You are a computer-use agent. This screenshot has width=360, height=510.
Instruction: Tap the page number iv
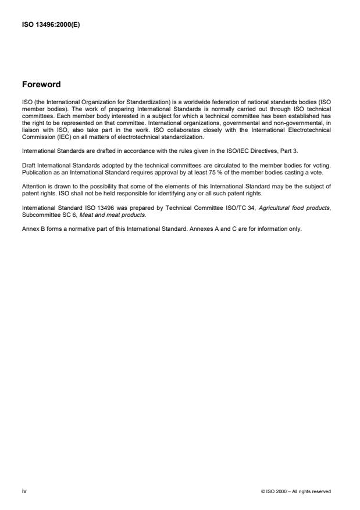click(x=24, y=491)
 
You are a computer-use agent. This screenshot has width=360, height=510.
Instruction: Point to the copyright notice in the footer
click(x=296, y=491)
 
